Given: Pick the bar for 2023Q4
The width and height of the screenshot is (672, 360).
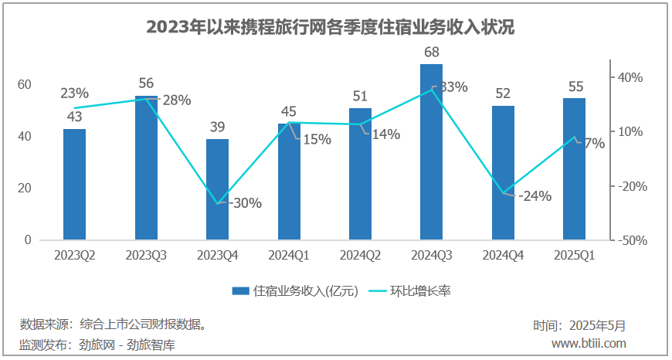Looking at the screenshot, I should pos(218,189).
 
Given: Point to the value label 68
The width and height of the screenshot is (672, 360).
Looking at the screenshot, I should pos(432,53).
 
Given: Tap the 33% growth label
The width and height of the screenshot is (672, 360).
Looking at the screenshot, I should pos(452,87).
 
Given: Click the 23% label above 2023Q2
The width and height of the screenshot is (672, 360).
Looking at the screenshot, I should pos(75,93).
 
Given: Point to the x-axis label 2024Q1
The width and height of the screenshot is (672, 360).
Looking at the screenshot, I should pos(290,255).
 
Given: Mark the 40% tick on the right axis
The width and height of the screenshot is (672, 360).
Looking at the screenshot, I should pos(629,77).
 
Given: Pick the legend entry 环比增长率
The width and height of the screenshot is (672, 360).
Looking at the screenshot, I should pos(419,291).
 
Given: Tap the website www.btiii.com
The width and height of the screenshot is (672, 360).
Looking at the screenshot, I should pos(589,343).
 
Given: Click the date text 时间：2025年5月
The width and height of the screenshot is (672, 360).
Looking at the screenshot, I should pos(579,326).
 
